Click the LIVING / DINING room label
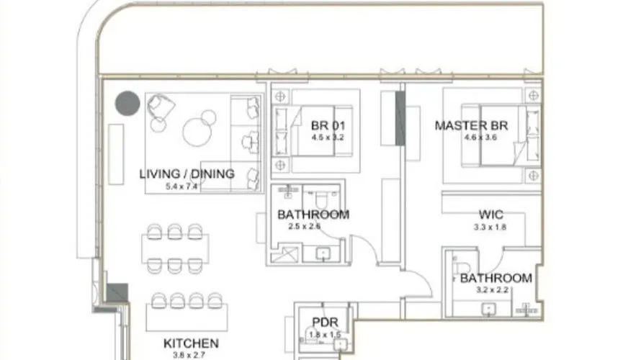coord(187,174)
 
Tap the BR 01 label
coord(324,123)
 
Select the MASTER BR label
coord(471,126)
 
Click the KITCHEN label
coord(190,343)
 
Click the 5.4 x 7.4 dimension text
coord(181,186)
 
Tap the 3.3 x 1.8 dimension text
coord(490,227)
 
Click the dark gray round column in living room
coord(128,103)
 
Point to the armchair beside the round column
coord(161,110)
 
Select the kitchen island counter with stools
coord(187,317)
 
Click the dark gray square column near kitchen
coord(117,292)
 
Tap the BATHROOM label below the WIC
coord(496,278)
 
